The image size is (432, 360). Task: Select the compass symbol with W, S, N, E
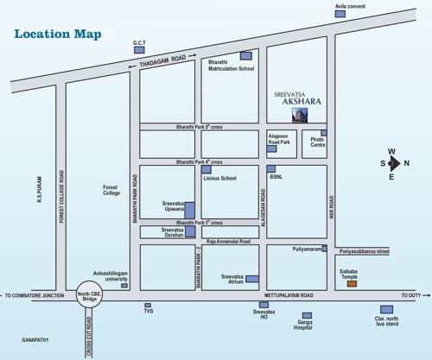point(391,162)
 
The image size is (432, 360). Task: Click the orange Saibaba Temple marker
point(351,283)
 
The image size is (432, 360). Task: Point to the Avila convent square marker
point(340,13)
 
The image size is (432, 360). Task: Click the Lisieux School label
point(219,178)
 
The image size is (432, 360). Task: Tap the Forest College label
point(111,189)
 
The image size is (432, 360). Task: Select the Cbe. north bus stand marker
point(386,309)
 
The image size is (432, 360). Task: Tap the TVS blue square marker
point(148,305)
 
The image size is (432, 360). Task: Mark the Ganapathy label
point(35,339)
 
